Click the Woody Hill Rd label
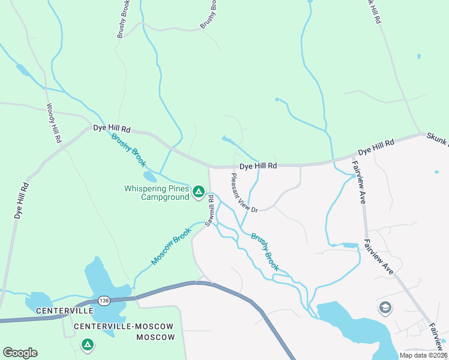[x=54, y=123]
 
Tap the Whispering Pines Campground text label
[x=157, y=193]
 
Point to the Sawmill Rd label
[x=210, y=211]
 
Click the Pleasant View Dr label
[x=244, y=193]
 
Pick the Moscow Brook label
[x=171, y=247]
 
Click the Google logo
[x=20, y=353]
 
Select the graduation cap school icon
[x=385, y=308]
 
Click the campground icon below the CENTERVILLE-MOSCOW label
[x=88, y=345]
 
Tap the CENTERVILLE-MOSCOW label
[x=124, y=326]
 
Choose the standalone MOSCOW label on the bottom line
[x=155, y=337]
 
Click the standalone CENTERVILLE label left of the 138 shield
[x=64, y=311]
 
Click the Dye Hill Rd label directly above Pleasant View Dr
[x=258, y=166]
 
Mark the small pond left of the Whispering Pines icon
[x=150, y=177]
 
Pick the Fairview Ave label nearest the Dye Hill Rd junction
[x=362, y=182]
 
